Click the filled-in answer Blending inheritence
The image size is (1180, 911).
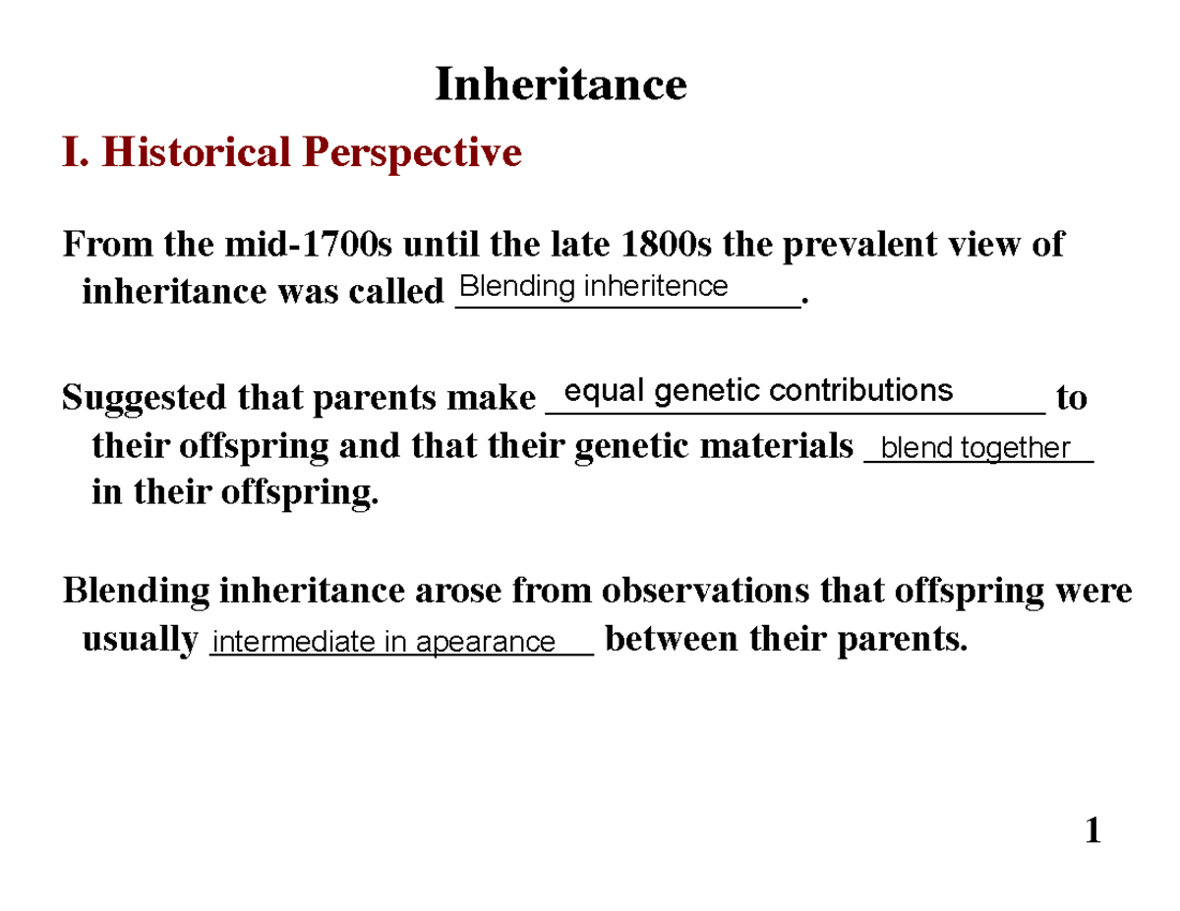594,287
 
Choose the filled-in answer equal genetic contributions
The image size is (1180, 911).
758,391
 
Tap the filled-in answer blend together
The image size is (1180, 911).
974,448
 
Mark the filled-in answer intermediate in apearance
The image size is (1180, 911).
384,643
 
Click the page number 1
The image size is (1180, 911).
1091,833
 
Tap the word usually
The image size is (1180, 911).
140,641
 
